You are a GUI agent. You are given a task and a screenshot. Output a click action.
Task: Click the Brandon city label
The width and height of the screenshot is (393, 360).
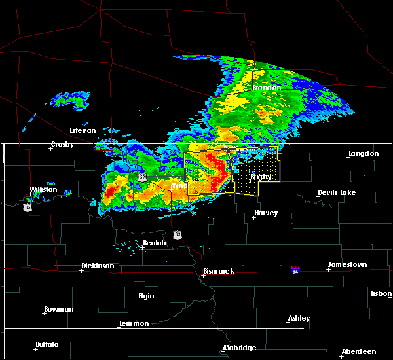pyautogui.click(x=267, y=88)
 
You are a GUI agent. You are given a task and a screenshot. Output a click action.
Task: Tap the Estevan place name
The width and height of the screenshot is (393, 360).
pyautogui.click(x=83, y=130)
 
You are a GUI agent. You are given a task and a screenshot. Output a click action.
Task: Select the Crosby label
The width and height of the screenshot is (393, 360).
pyautogui.click(x=62, y=144)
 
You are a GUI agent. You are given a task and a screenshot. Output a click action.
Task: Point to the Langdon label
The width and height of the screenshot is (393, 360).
pyautogui.click(x=364, y=153)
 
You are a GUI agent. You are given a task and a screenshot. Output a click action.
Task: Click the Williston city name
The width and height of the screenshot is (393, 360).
pyautogui.click(x=43, y=189)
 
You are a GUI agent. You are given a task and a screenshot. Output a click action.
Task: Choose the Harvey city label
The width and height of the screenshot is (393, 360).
pyautogui.click(x=266, y=213)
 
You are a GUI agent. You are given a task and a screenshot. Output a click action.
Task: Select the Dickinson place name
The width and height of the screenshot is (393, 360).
pyautogui.click(x=98, y=266)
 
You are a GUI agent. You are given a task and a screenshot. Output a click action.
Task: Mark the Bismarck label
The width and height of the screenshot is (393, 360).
pyautogui.click(x=218, y=271)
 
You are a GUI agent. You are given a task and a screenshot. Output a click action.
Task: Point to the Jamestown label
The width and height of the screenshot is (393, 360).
pyautogui.click(x=347, y=264)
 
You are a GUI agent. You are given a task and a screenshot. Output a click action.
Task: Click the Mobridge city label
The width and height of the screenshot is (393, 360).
pyautogui.click(x=239, y=348)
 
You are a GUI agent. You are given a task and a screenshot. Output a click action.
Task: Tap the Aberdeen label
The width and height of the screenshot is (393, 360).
pyautogui.click(x=358, y=351)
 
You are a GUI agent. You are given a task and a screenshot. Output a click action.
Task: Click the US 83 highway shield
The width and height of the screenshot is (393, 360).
pyautogui.click(x=177, y=234)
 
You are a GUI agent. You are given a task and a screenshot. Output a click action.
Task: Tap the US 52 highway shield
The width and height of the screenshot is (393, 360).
pyautogui.click(x=141, y=177)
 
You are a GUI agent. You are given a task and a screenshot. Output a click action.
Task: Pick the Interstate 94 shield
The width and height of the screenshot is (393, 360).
pyautogui.click(x=296, y=270)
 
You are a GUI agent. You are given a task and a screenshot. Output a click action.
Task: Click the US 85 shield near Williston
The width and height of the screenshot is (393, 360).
pyautogui.click(x=27, y=206)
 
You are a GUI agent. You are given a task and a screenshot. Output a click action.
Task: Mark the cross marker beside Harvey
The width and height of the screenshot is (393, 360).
pyautogui.click(x=253, y=217)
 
